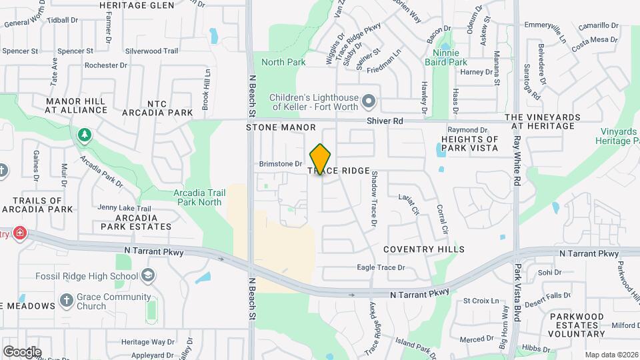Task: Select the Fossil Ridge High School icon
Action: point(149,276)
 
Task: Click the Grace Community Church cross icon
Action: point(66,301)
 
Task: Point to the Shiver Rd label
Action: point(385,121)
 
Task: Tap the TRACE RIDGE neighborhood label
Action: point(339,171)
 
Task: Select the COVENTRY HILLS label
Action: point(424,249)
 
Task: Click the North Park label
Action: point(283,62)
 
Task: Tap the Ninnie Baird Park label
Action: point(450,57)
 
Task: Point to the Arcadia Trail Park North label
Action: point(197,197)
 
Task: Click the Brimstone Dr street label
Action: point(281,163)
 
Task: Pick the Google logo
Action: point(22,351)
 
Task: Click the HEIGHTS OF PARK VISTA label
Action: point(469,143)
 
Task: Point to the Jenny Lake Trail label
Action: point(125,209)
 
